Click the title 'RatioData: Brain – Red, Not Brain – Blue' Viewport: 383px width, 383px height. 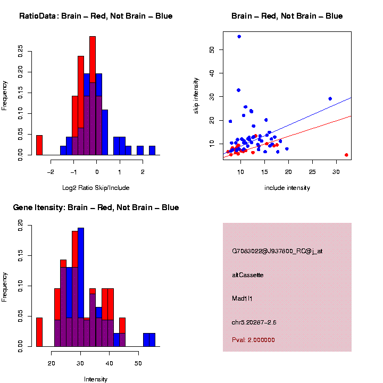[96, 16]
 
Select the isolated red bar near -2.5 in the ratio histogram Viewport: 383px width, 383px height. [39, 145]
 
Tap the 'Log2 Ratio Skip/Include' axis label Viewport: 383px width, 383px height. [95, 188]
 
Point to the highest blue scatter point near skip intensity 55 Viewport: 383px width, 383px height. [239, 37]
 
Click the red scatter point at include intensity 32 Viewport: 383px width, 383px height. [346, 155]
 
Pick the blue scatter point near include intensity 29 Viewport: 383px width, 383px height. [330, 98]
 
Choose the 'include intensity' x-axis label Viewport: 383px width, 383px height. [287, 188]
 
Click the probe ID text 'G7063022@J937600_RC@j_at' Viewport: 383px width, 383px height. [277, 251]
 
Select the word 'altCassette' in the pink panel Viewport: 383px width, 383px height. [247, 275]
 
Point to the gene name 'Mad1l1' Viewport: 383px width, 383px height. [242, 298]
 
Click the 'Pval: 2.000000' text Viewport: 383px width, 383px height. [253, 340]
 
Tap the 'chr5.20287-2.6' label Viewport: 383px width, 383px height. [254, 322]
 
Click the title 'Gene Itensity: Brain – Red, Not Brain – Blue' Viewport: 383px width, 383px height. [96, 207]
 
